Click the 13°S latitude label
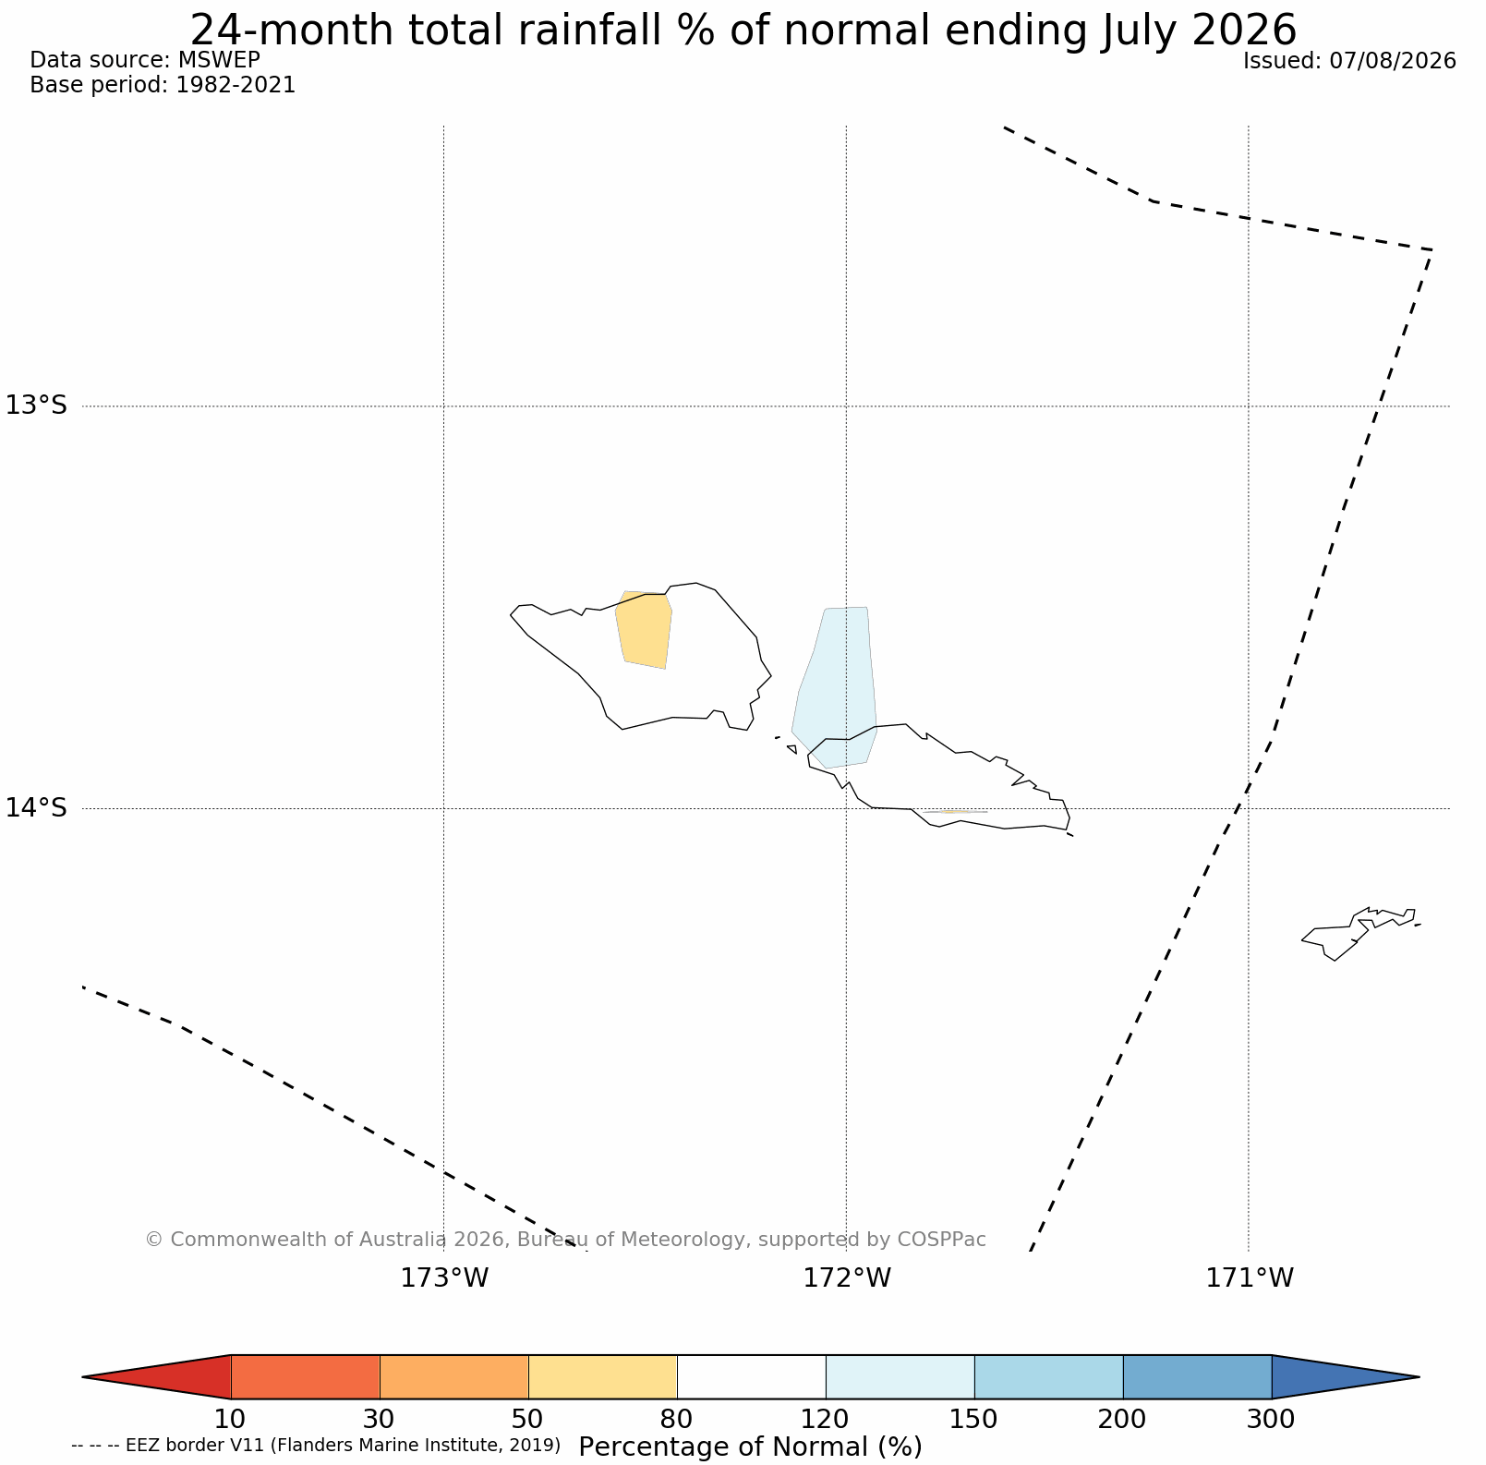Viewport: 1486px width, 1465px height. click(37, 406)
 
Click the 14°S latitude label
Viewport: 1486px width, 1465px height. click(37, 808)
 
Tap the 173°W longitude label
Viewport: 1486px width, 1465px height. click(444, 1278)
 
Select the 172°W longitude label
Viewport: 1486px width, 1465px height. click(847, 1278)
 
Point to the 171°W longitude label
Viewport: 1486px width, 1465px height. click(1250, 1278)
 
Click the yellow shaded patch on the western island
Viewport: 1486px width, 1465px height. click(644, 630)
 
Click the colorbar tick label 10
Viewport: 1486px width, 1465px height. click(230, 1419)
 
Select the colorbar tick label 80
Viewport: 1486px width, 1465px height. click(677, 1419)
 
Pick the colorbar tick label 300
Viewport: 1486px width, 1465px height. click(1272, 1419)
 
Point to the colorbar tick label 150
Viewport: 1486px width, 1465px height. click(974, 1419)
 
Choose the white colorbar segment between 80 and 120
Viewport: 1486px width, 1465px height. click(752, 1377)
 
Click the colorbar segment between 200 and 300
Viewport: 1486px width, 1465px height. click(1198, 1377)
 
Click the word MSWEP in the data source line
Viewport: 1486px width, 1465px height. click(219, 60)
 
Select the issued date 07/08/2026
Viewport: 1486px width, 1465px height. click(1392, 61)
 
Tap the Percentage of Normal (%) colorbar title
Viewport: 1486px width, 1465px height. click(750, 1447)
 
